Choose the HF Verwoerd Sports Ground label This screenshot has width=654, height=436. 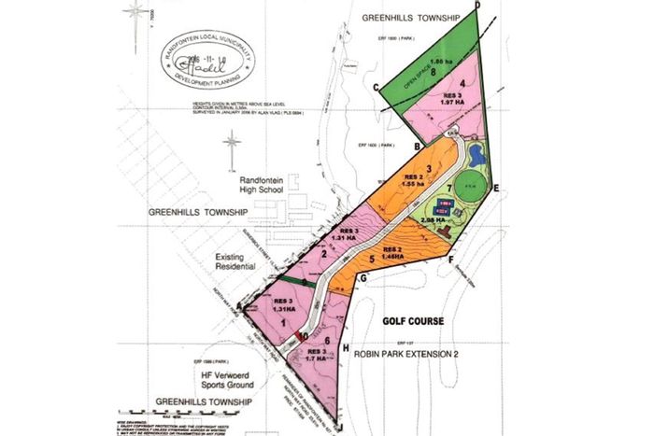pyautogui.click(x=229, y=382)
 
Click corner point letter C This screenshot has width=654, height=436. pyautogui.click(x=375, y=88)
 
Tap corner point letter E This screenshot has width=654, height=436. pyautogui.click(x=496, y=189)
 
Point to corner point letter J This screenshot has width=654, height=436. pyautogui.click(x=340, y=429)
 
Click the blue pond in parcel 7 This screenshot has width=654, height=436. pyautogui.click(x=475, y=152)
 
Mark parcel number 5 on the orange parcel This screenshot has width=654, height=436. pyautogui.click(x=371, y=260)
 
